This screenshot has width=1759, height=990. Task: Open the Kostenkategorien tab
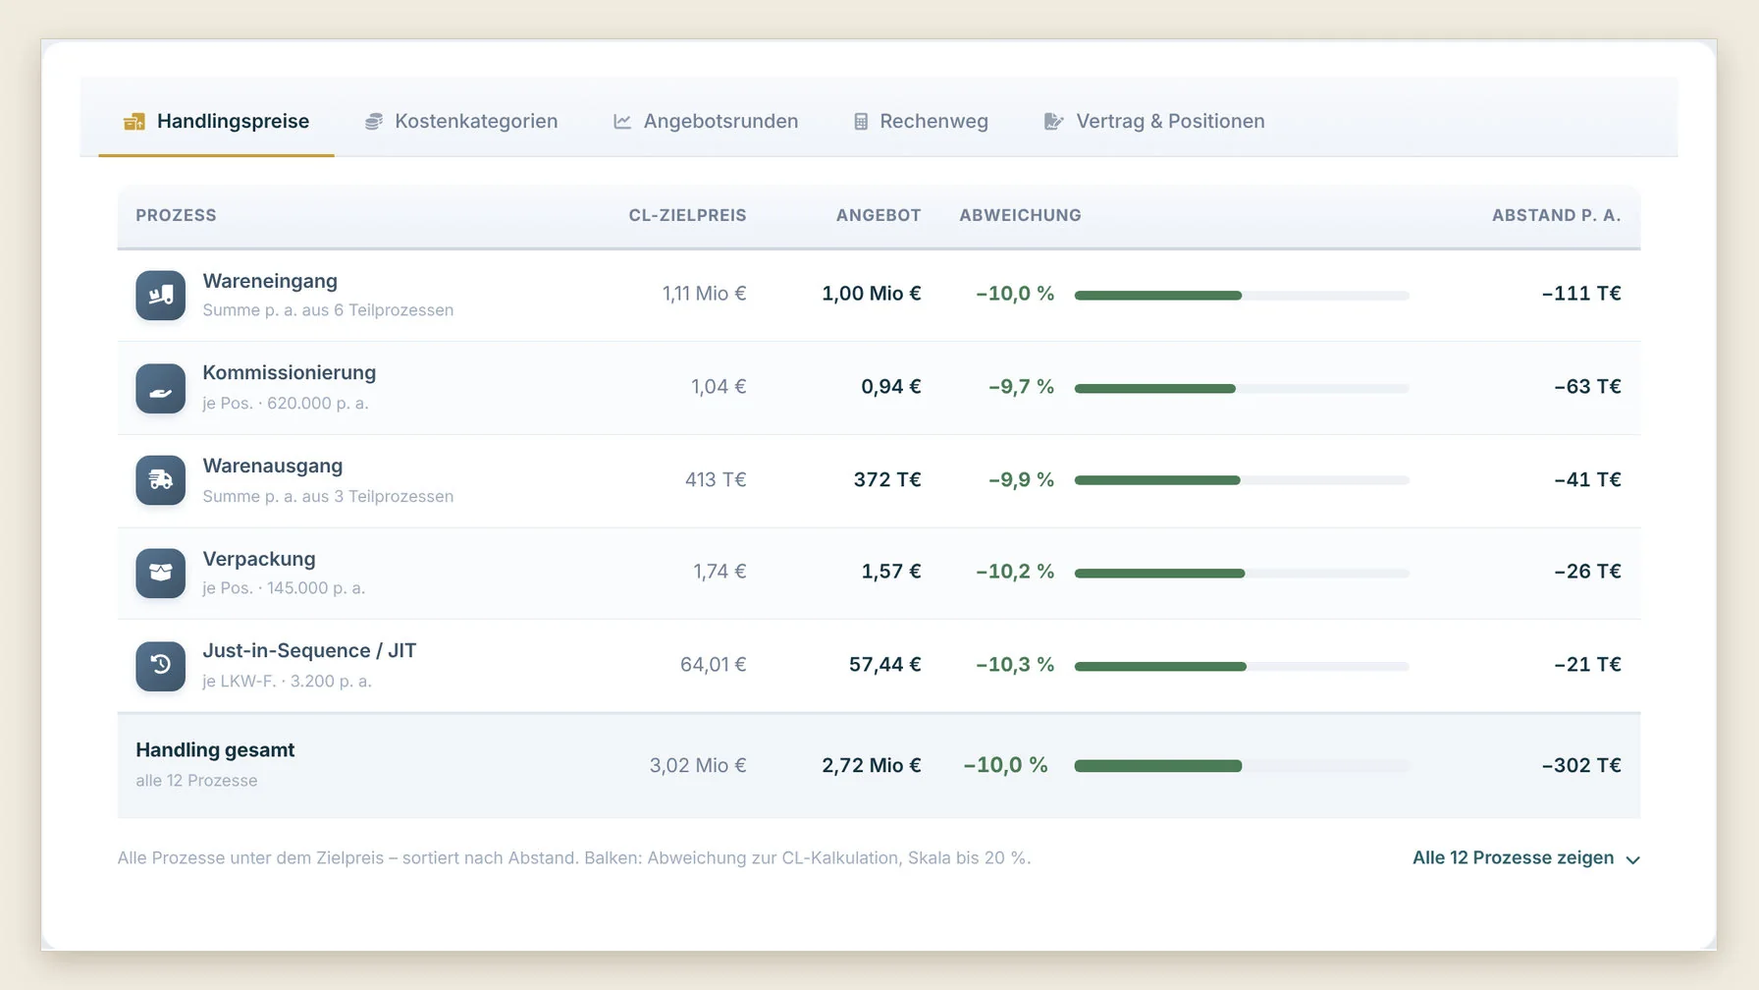[460, 121]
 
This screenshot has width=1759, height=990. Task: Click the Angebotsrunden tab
[705, 121]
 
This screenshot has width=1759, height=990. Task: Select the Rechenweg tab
[920, 121]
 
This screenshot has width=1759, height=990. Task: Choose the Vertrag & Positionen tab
[1153, 121]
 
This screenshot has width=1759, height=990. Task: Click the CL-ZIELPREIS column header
[687, 215]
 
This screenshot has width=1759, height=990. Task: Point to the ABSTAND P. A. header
[1556, 215]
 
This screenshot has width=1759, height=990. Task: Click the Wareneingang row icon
[160, 295]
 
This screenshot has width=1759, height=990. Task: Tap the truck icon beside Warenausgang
[160, 480]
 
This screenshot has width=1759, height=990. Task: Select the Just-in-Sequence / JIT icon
[160, 666]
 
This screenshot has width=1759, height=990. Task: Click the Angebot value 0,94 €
[891, 387]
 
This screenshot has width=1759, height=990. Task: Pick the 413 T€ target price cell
[716, 479]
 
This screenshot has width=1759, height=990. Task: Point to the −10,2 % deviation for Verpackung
[1015, 572]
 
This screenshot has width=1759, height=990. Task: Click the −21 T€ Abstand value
[1587, 665]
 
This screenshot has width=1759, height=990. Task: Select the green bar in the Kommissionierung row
[1155, 389]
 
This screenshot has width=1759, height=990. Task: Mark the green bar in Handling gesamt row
[1158, 766]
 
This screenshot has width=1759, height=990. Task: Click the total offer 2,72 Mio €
[872, 765]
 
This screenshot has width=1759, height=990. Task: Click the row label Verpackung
[259, 559]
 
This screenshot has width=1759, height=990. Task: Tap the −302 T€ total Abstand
[1581, 765]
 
